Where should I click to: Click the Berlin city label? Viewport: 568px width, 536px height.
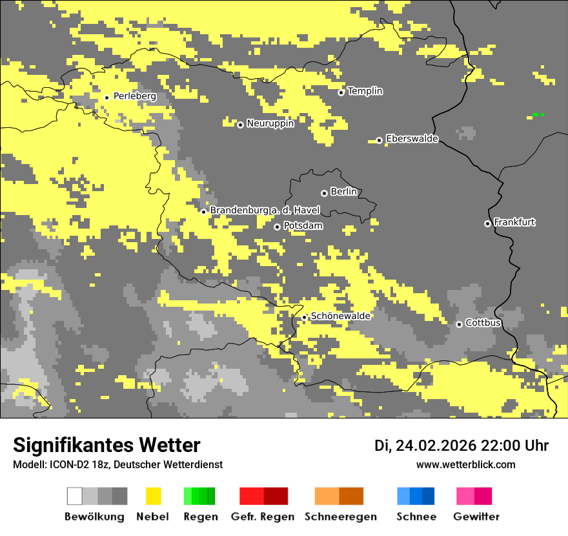pos(343,192)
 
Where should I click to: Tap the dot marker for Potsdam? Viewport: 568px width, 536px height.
pos(277,227)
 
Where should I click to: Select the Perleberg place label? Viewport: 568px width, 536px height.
pos(134,96)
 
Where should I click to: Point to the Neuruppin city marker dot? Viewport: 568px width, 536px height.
pos(240,125)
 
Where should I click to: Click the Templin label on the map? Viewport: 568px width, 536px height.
pos(365,91)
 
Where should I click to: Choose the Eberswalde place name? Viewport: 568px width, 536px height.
pos(412,139)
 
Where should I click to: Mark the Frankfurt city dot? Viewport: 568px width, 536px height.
pos(487,223)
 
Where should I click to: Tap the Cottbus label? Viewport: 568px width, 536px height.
pos(483,323)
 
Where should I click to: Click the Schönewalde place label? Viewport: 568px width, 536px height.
pos(340,316)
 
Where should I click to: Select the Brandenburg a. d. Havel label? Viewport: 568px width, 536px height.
pos(265,211)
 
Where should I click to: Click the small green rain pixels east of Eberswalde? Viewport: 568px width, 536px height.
pos(538,114)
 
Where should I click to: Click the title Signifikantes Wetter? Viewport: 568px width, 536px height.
pos(107,446)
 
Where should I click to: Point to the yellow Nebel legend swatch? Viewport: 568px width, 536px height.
pos(153,496)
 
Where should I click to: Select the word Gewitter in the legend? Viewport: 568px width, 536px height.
pos(476,517)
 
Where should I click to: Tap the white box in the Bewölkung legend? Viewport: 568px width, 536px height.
pos(75,496)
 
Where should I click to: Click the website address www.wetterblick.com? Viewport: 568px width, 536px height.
pos(465,465)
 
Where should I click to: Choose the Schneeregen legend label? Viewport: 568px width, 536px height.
pos(340,517)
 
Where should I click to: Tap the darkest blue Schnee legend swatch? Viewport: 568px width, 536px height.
pos(429,496)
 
